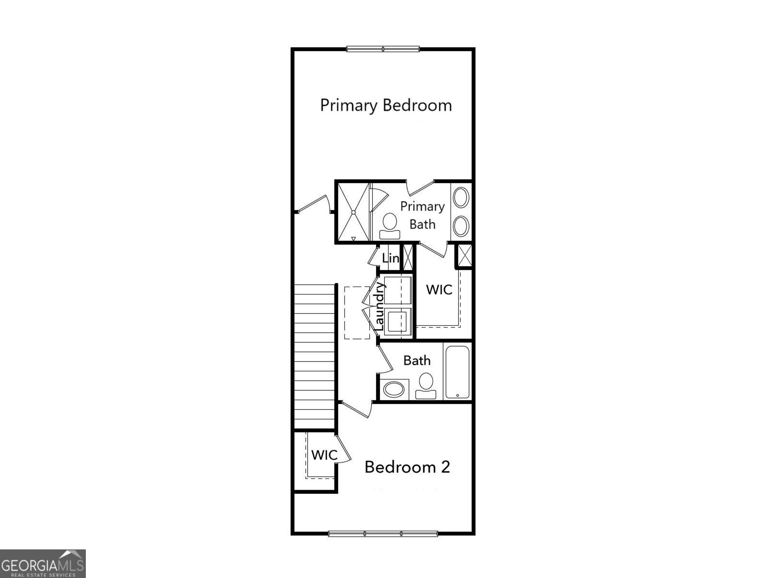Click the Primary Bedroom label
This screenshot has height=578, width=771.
tap(386, 105)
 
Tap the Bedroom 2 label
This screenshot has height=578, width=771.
tap(407, 467)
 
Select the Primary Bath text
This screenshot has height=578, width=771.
tap(422, 215)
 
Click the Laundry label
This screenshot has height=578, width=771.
tap(379, 307)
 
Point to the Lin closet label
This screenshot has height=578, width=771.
tap(390, 258)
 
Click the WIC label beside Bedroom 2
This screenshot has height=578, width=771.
tap(324, 455)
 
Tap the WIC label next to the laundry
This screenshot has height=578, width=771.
tap(439, 289)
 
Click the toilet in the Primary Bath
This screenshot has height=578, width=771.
tap(390, 226)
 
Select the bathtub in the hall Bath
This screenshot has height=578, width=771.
tap(457, 372)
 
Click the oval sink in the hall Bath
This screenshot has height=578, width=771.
tap(394, 389)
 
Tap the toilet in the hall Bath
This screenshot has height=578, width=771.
tap(426, 386)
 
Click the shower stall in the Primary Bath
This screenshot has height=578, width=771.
tap(354, 212)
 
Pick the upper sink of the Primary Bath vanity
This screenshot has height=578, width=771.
tap(461, 197)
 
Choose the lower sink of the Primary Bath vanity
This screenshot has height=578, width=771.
tap(461, 226)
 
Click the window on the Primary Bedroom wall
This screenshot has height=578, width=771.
tap(383, 49)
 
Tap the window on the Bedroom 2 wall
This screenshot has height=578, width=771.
tap(383, 533)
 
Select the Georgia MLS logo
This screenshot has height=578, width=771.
tap(43, 564)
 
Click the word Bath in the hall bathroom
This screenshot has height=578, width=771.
tap(417, 360)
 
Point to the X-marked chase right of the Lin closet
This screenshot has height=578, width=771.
tap(408, 257)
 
